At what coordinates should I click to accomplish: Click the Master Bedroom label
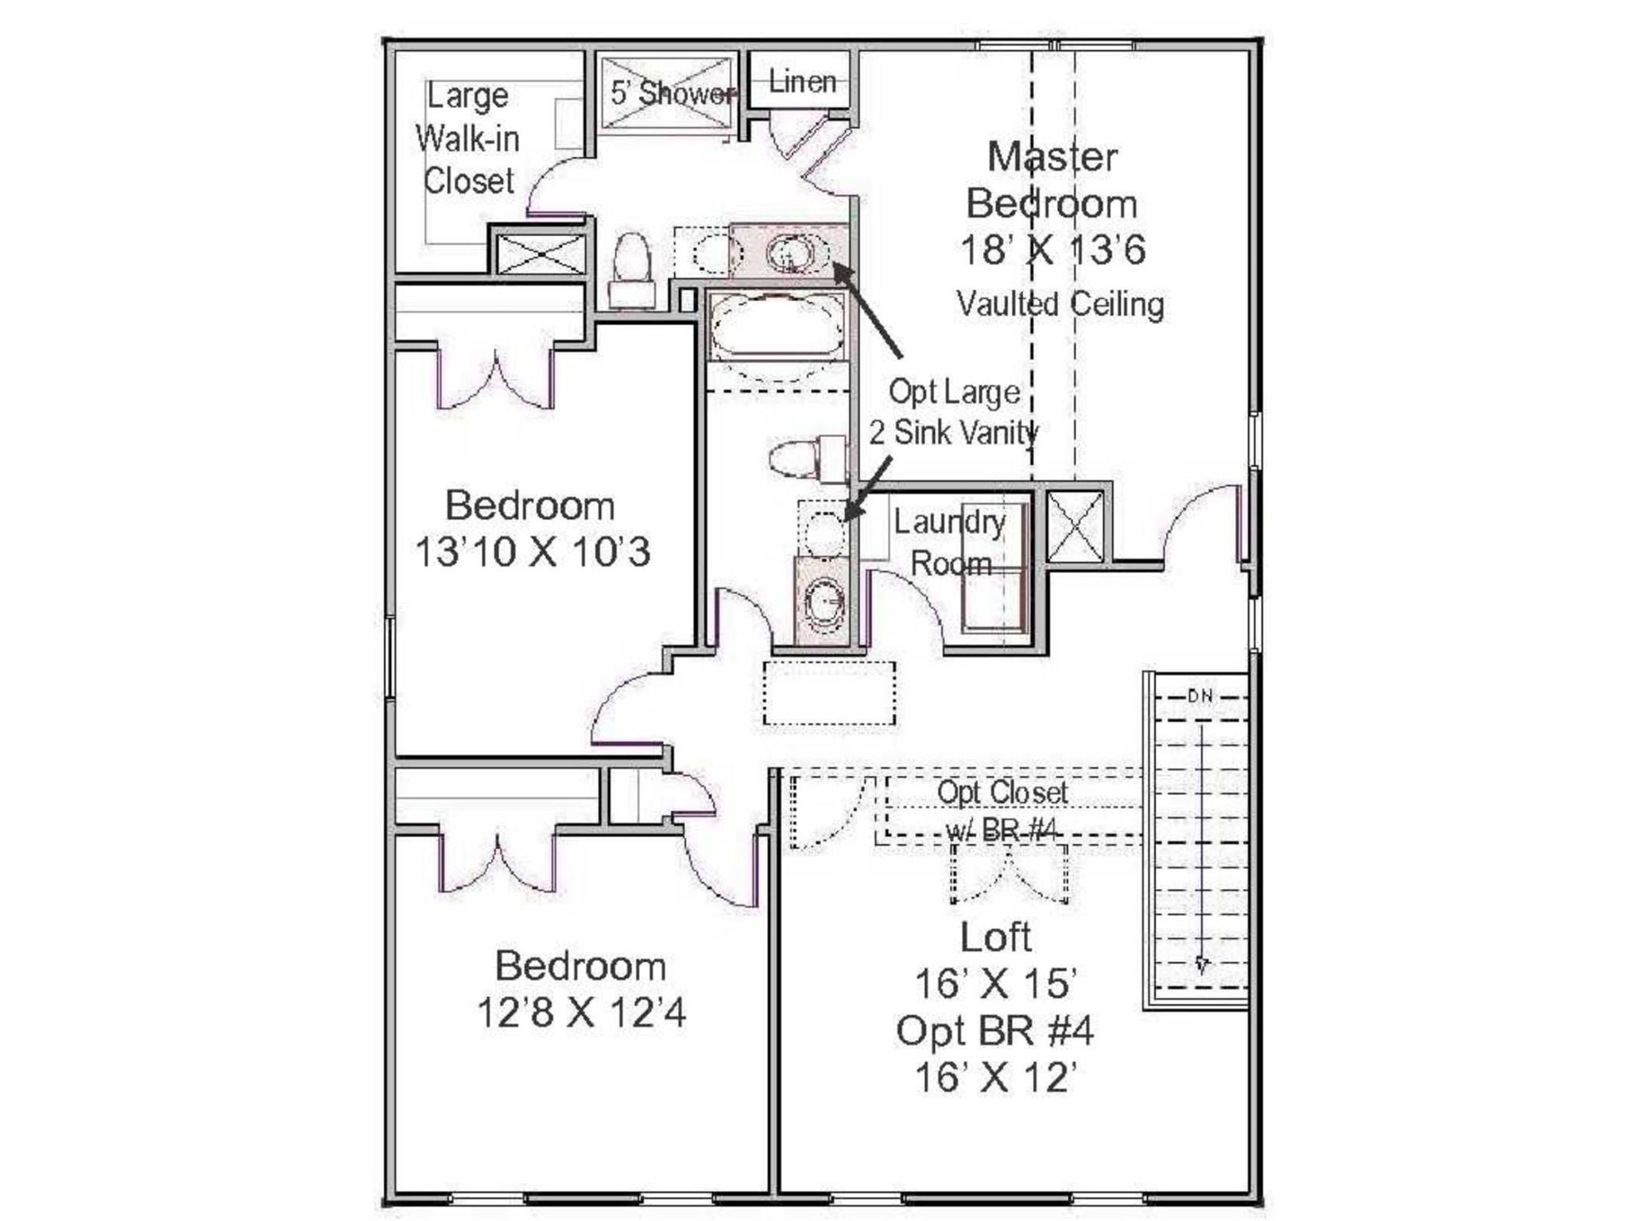click(1051, 180)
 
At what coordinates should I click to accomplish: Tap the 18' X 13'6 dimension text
click(1052, 250)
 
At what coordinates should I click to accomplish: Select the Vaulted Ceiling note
click(1060, 304)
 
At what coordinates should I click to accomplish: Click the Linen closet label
click(802, 82)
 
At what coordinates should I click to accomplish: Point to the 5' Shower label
click(672, 94)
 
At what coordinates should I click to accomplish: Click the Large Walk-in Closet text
click(468, 139)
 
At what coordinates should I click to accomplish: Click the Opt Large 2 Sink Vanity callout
click(953, 413)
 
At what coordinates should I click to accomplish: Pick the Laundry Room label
click(950, 543)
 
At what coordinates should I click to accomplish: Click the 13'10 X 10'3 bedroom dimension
click(532, 552)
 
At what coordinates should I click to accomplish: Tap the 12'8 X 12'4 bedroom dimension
click(580, 1013)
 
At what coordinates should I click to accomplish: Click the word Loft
click(995, 937)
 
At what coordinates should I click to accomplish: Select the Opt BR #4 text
click(994, 1031)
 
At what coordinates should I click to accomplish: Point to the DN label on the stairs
click(1200, 696)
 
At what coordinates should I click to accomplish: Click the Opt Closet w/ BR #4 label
click(1002, 810)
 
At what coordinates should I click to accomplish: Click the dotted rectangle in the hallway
click(829, 692)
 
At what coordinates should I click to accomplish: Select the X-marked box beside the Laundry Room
click(1075, 526)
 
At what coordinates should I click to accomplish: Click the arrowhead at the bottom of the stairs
click(1202, 966)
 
